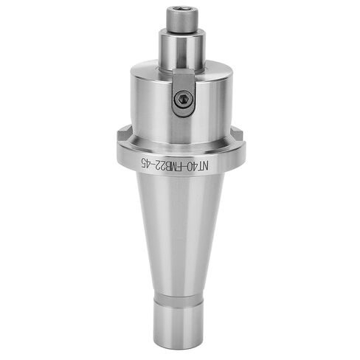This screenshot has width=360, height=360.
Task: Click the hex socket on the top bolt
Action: [x=181, y=13]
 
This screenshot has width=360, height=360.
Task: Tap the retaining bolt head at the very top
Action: [x=181, y=21]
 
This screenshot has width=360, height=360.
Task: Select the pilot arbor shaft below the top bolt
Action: [x=181, y=48]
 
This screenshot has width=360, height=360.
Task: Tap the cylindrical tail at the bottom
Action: [x=180, y=321]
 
